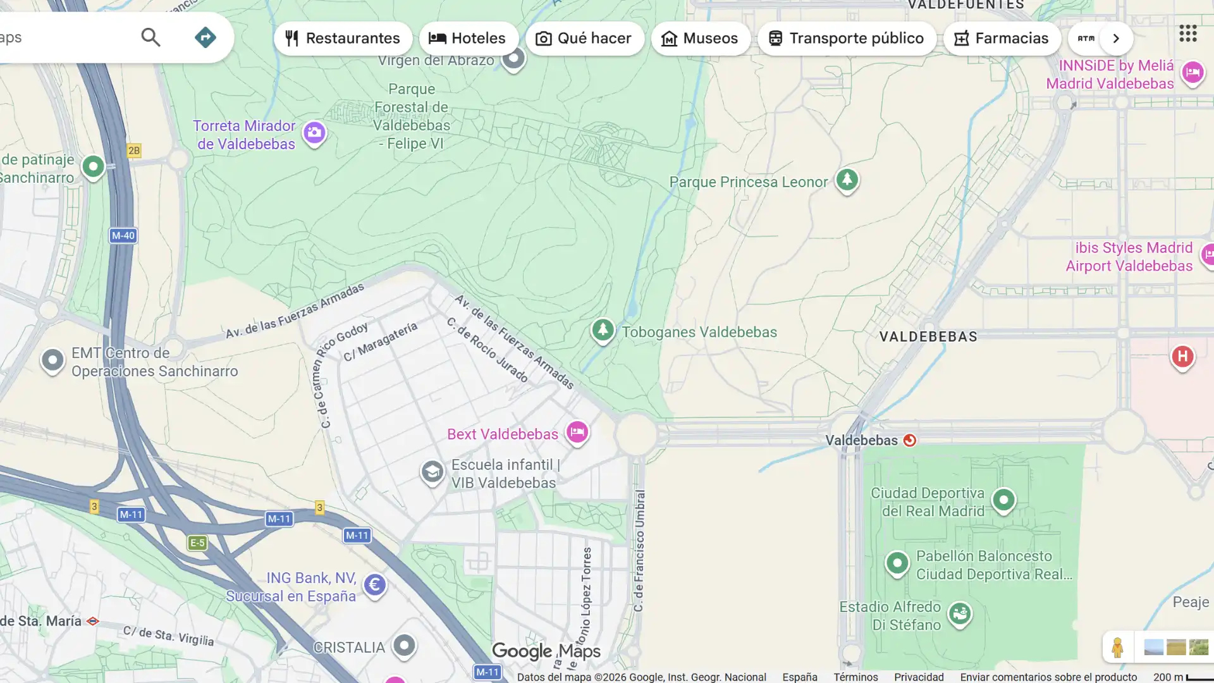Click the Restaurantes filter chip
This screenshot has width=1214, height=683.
click(343, 39)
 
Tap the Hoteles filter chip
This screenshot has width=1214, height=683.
click(468, 39)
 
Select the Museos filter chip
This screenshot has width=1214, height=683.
click(700, 39)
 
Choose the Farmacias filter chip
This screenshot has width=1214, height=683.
click(1002, 39)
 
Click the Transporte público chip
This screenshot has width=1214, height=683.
click(846, 39)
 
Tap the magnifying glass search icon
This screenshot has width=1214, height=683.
click(150, 37)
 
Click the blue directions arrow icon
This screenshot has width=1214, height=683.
click(205, 37)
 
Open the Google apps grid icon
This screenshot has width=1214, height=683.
click(1187, 34)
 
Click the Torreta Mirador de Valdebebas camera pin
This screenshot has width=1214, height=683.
click(314, 133)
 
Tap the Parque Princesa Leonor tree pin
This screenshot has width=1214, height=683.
click(847, 180)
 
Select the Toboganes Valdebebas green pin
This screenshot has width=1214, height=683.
click(603, 329)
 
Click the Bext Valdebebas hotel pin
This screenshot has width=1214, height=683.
click(577, 433)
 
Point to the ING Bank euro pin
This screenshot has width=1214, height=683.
click(374, 585)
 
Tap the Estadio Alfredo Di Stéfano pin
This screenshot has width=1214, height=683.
click(959, 613)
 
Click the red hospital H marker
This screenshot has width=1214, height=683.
click(1182, 357)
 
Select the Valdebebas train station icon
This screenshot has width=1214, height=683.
click(909, 440)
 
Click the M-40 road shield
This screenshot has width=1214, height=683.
click(123, 236)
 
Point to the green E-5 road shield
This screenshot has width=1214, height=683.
click(197, 543)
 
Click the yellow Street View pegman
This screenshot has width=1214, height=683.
click(1117, 647)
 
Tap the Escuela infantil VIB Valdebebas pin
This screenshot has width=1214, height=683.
click(432, 472)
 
